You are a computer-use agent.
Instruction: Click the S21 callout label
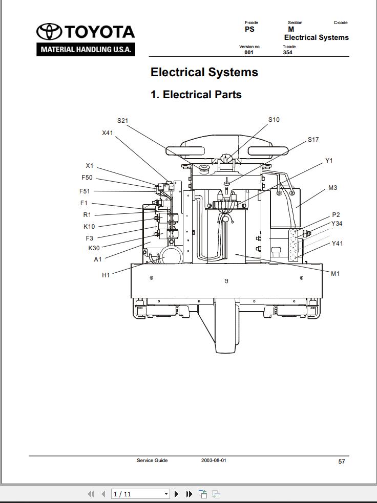click(122, 121)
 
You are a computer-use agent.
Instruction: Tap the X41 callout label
click(108, 133)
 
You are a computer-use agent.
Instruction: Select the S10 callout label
click(274, 120)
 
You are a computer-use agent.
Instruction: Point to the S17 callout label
click(313, 140)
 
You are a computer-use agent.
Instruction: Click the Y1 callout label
click(329, 161)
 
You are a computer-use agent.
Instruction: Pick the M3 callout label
click(332, 188)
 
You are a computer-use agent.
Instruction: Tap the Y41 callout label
click(337, 244)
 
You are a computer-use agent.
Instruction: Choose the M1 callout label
click(335, 274)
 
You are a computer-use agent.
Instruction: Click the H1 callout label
click(106, 275)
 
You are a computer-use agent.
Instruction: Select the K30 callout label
click(94, 248)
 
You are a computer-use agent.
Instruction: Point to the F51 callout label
click(85, 191)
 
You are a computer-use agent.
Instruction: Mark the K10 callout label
click(89, 227)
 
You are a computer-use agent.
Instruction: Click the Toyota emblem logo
click(49, 32)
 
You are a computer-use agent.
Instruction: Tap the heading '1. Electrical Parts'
click(196, 95)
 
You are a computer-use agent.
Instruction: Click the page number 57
click(342, 462)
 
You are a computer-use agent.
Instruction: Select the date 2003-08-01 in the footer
click(214, 461)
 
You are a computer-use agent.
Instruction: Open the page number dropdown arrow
click(166, 494)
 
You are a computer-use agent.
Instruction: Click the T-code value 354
click(287, 52)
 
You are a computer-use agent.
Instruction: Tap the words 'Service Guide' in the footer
click(152, 461)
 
